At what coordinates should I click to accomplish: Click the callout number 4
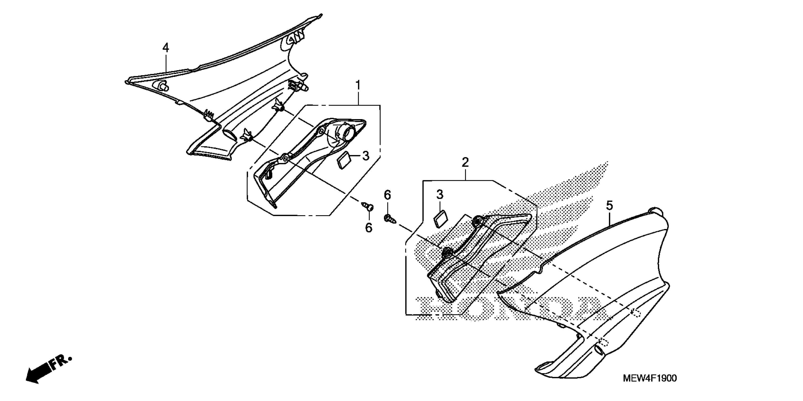(166, 48)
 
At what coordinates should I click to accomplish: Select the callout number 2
(465, 162)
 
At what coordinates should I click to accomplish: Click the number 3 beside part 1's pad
(366, 156)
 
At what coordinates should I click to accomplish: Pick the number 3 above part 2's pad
(440, 195)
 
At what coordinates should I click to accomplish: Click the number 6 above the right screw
(387, 195)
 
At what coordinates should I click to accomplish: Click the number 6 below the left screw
(369, 228)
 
